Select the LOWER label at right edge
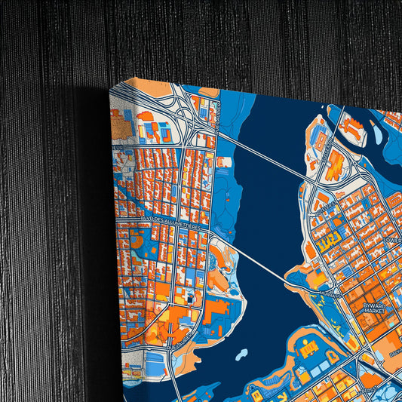tap(391, 241)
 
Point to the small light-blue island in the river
tap(241, 352)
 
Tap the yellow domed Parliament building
tap(307, 349)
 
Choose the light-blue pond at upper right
tap(377, 134)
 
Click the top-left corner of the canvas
tap(110, 86)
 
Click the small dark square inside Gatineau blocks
tap(189, 299)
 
